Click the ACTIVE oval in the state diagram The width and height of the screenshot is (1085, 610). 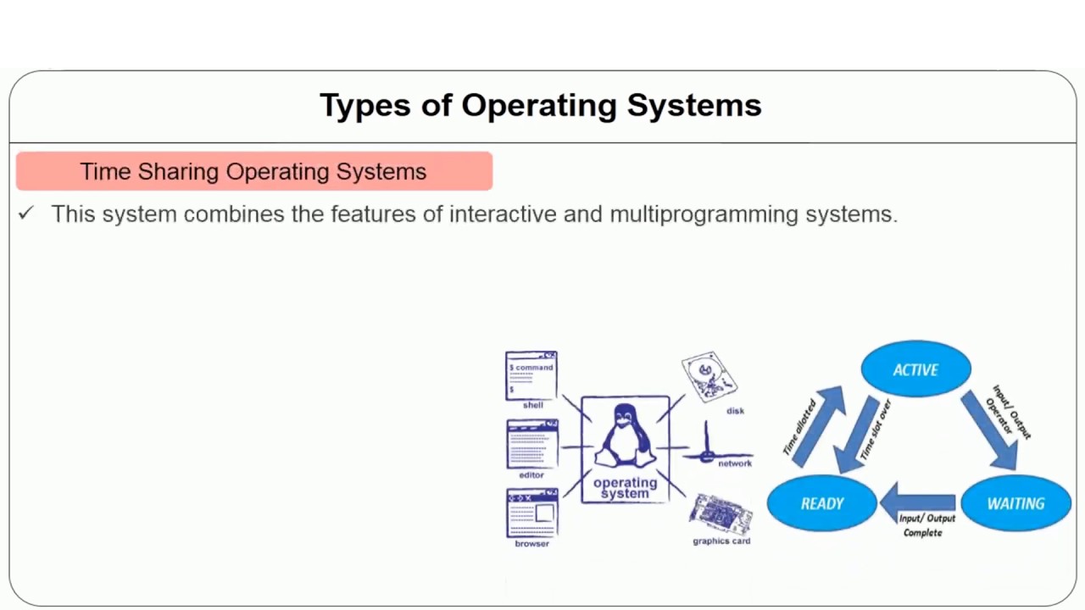point(915,369)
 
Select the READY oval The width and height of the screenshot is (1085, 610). point(821,503)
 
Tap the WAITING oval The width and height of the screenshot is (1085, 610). point(1015,503)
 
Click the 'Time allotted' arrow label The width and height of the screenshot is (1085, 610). point(799,428)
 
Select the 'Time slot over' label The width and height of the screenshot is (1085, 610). point(875,430)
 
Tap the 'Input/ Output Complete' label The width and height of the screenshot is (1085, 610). point(926,525)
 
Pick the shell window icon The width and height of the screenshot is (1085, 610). point(531,375)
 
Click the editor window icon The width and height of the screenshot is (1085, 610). point(532,444)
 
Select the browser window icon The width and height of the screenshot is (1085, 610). point(532,513)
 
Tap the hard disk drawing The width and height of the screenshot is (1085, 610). point(709,377)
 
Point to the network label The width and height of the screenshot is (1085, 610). point(735,463)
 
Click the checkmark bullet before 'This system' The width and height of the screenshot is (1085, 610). point(25,214)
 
